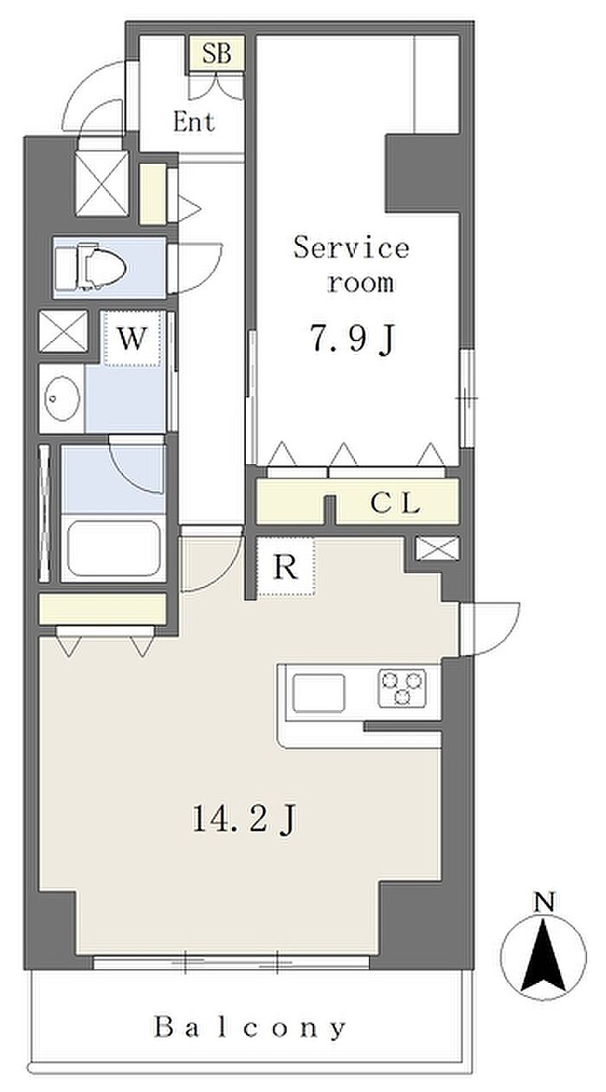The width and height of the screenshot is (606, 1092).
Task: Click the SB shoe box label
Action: [x=216, y=53]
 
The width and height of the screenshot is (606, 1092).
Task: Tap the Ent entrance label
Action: [x=194, y=122]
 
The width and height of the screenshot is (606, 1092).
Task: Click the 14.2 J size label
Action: [x=245, y=818]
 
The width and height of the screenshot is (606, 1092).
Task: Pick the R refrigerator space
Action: [x=286, y=566]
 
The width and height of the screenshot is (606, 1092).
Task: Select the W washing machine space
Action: [x=132, y=339]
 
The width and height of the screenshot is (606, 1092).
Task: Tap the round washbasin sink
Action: [x=62, y=398]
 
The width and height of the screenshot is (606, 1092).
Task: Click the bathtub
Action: [x=113, y=548]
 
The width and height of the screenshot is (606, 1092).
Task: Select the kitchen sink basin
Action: [x=319, y=693]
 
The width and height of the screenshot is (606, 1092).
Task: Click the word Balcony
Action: [x=250, y=1026]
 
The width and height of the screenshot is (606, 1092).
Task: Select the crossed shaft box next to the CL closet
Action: [x=437, y=548]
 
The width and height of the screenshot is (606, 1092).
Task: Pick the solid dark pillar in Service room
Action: [x=422, y=172]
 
